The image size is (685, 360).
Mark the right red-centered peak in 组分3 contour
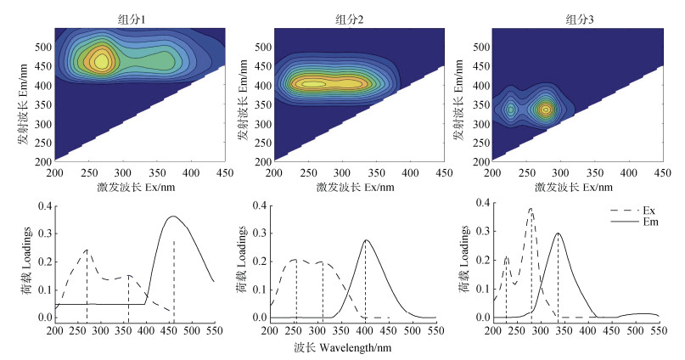tap(545, 109)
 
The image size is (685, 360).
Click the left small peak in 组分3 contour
tap(511, 109)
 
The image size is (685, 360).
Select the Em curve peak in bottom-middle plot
tap(366, 240)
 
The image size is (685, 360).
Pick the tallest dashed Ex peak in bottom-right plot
tap(531, 209)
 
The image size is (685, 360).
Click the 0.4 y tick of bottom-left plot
tap(46, 205)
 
